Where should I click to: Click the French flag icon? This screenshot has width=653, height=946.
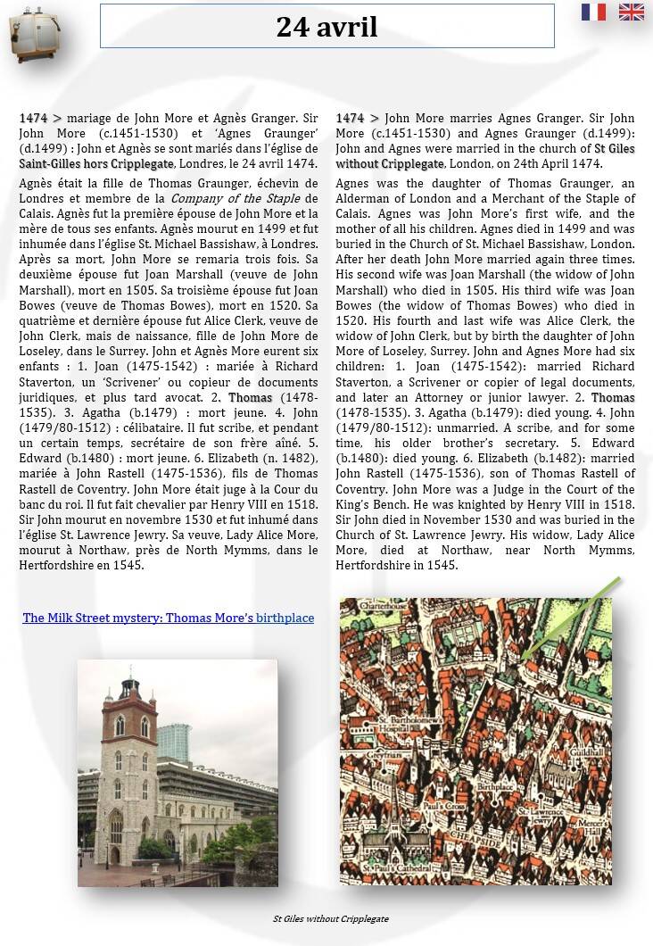tap(593, 12)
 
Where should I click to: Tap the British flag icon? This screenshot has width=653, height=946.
tap(632, 12)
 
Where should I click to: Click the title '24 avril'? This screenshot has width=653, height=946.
tap(326, 27)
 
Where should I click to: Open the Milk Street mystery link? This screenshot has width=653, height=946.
tap(168, 618)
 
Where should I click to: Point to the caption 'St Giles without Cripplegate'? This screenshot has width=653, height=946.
tap(330, 918)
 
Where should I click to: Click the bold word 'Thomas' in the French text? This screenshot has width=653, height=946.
tap(251, 397)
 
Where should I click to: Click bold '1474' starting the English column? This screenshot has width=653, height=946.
tap(350, 118)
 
